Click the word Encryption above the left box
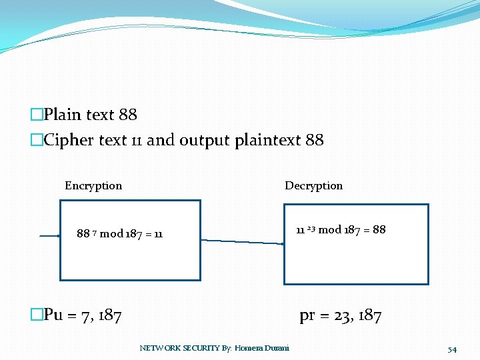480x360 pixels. click(x=93, y=186)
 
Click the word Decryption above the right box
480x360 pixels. click(x=313, y=186)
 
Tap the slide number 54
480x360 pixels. click(x=452, y=349)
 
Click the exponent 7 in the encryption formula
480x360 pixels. click(x=95, y=232)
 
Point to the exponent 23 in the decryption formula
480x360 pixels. click(x=311, y=228)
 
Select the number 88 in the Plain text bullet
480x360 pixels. click(x=127, y=115)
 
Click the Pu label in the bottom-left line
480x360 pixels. click(x=53, y=315)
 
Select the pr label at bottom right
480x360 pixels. click(x=307, y=316)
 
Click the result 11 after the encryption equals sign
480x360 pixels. click(x=157, y=234)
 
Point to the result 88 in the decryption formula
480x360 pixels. click(x=379, y=230)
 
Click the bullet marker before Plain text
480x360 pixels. click(x=37, y=115)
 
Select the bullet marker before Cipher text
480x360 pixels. click(x=37, y=140)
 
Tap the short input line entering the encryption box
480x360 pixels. click(x=49, y=236)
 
